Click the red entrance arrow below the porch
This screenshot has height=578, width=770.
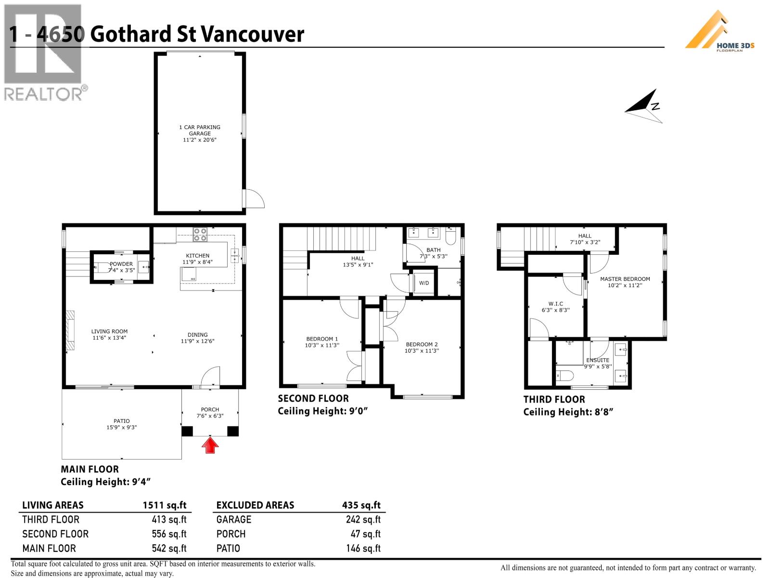tap(210, 446)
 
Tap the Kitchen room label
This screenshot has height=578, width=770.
tap(198, 256)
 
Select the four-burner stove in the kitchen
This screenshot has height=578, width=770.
tap(200, 234)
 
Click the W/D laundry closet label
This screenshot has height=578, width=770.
tap(424, 283)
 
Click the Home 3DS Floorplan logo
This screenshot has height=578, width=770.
tap(720, 31)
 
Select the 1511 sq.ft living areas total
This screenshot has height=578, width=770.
tap(164, 505)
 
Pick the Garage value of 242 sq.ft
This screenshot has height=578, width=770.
tap(363, 520)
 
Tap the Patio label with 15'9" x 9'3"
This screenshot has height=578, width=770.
tap(122, 424)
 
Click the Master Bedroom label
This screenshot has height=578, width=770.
tap(625, 279)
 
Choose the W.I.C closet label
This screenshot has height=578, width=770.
tap(555, 304)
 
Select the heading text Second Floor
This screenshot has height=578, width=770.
tap(313, 399)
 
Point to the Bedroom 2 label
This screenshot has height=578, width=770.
tap(422, 344)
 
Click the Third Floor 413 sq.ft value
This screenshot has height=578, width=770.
tap(169, 520)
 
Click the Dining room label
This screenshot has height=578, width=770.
tap(197, 335)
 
